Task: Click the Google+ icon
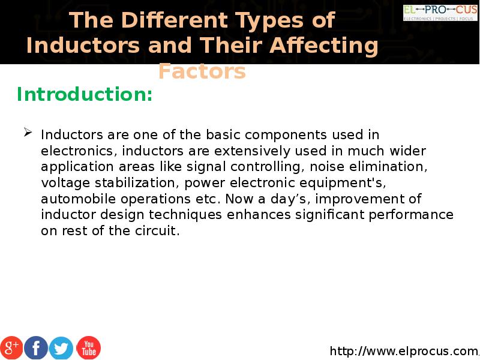tap(11, 347)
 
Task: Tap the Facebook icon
tap(36, 347)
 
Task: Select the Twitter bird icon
tap(61, 348)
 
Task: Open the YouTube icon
tap(88, 348)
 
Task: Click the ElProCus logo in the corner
tap(440, 13)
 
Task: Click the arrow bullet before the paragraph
tap(28, 133)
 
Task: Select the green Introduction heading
tap(85, 94)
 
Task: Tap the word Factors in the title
tap(202, 71)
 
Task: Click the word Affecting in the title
tap(324, 46)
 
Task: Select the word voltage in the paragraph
tap(65, 184)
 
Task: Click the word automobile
tap(79, 199)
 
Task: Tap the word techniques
tap(185, 215)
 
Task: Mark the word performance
tap(411, 215)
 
